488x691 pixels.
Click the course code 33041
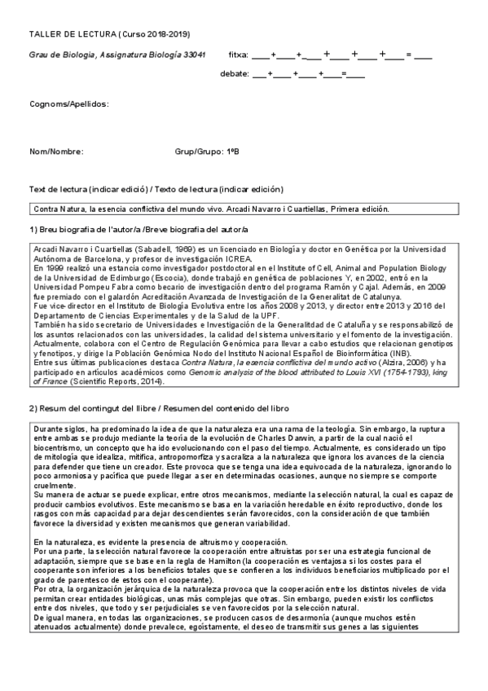(193, 55)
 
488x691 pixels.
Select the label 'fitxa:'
(239, 55)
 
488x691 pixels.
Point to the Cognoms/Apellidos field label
(68, 104)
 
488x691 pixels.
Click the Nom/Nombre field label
(56, 152)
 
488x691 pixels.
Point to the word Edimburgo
(116, 275)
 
